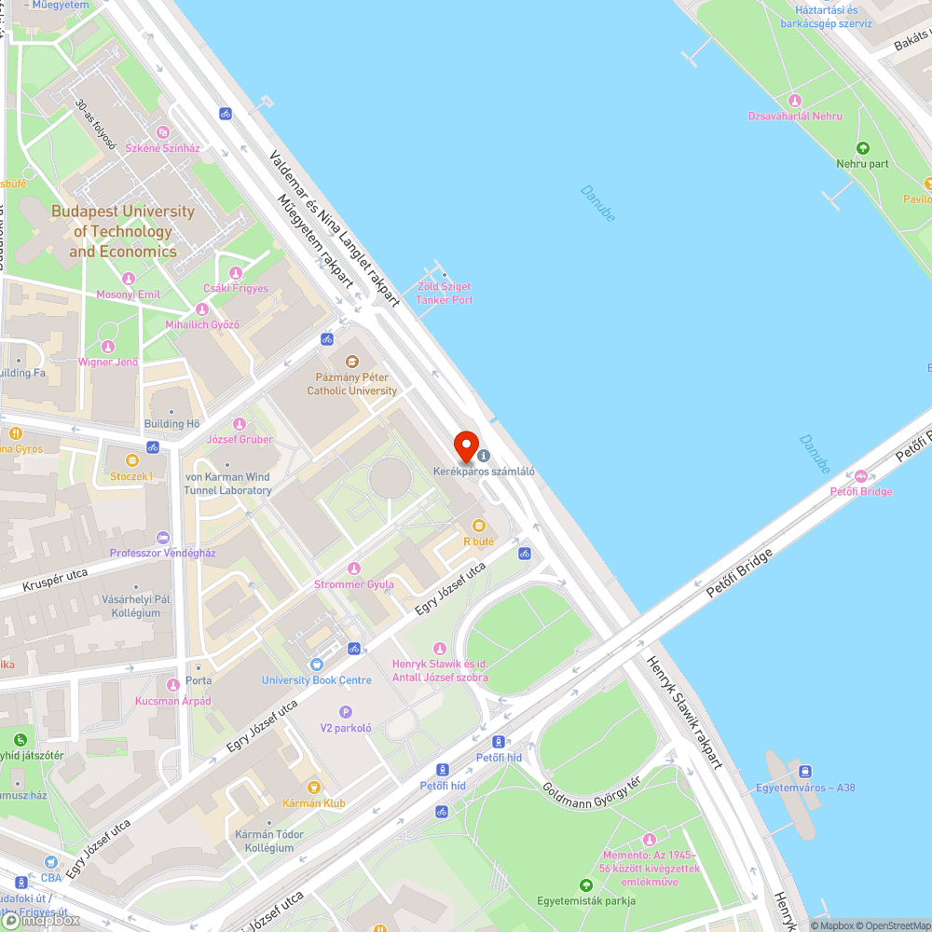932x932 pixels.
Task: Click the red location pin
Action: click(465, 445)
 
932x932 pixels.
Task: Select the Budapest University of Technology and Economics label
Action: click(122, 231)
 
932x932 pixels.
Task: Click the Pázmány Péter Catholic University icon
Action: click(351, 362)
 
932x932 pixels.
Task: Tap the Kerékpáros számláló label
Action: click(484, 471)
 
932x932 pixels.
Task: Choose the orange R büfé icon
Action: click(478, 526)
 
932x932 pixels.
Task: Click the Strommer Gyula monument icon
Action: click(353, 569)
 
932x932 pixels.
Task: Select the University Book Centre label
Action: click(317, 680)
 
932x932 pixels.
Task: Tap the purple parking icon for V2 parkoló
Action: click(346, 712)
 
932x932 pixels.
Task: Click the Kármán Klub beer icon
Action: click(314, 788)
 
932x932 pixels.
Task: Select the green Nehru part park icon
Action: click(862, 148)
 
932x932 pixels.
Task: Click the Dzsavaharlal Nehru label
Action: click(795, 116)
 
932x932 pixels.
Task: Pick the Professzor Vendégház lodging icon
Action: click(163, 538)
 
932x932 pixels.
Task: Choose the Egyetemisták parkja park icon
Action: click(586, 884)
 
